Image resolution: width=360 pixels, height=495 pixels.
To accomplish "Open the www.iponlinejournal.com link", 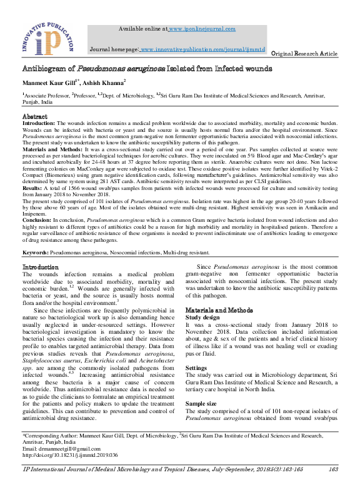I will point(202,29).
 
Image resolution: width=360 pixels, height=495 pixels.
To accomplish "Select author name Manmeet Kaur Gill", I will point(49,82).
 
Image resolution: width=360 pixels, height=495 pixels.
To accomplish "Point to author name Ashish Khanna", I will point(103,82).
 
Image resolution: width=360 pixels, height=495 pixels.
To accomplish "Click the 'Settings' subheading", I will point(196,368).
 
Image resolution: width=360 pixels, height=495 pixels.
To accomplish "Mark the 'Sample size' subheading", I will point(201,404).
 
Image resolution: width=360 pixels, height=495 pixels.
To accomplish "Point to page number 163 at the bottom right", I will point(333,486).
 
